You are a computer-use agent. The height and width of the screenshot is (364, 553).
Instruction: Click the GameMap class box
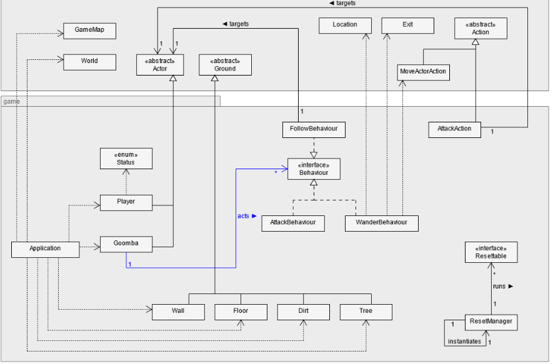tap(89, 31)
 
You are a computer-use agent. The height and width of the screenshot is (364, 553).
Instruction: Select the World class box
tap(89, 61)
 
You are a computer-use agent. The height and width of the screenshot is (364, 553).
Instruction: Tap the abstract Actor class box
tap(160, 65)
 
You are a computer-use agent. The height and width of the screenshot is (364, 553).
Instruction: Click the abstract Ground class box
tap(225, 65)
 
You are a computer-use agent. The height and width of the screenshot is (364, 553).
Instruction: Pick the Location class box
tap(345, 25)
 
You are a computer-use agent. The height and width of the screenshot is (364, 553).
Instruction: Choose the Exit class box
tap(408, 25)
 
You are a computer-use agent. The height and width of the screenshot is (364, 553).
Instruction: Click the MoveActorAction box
tap(423, 71)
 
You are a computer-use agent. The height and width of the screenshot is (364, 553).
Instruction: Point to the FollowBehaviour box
tap(314, 129)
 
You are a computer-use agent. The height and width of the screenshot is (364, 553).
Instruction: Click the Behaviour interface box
tap(314, 169)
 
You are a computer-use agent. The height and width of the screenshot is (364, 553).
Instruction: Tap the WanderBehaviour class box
tap(381, 222)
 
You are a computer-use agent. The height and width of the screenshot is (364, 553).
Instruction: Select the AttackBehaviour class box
tap(293, 222)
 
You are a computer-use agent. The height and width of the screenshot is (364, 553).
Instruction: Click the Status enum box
tap(126, 159)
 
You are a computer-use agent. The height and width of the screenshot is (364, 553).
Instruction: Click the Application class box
tap(46, 248)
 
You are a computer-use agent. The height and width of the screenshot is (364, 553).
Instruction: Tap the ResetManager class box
tap(491, 322)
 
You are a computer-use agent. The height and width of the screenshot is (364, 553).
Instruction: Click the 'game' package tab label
tap(11, 101)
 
